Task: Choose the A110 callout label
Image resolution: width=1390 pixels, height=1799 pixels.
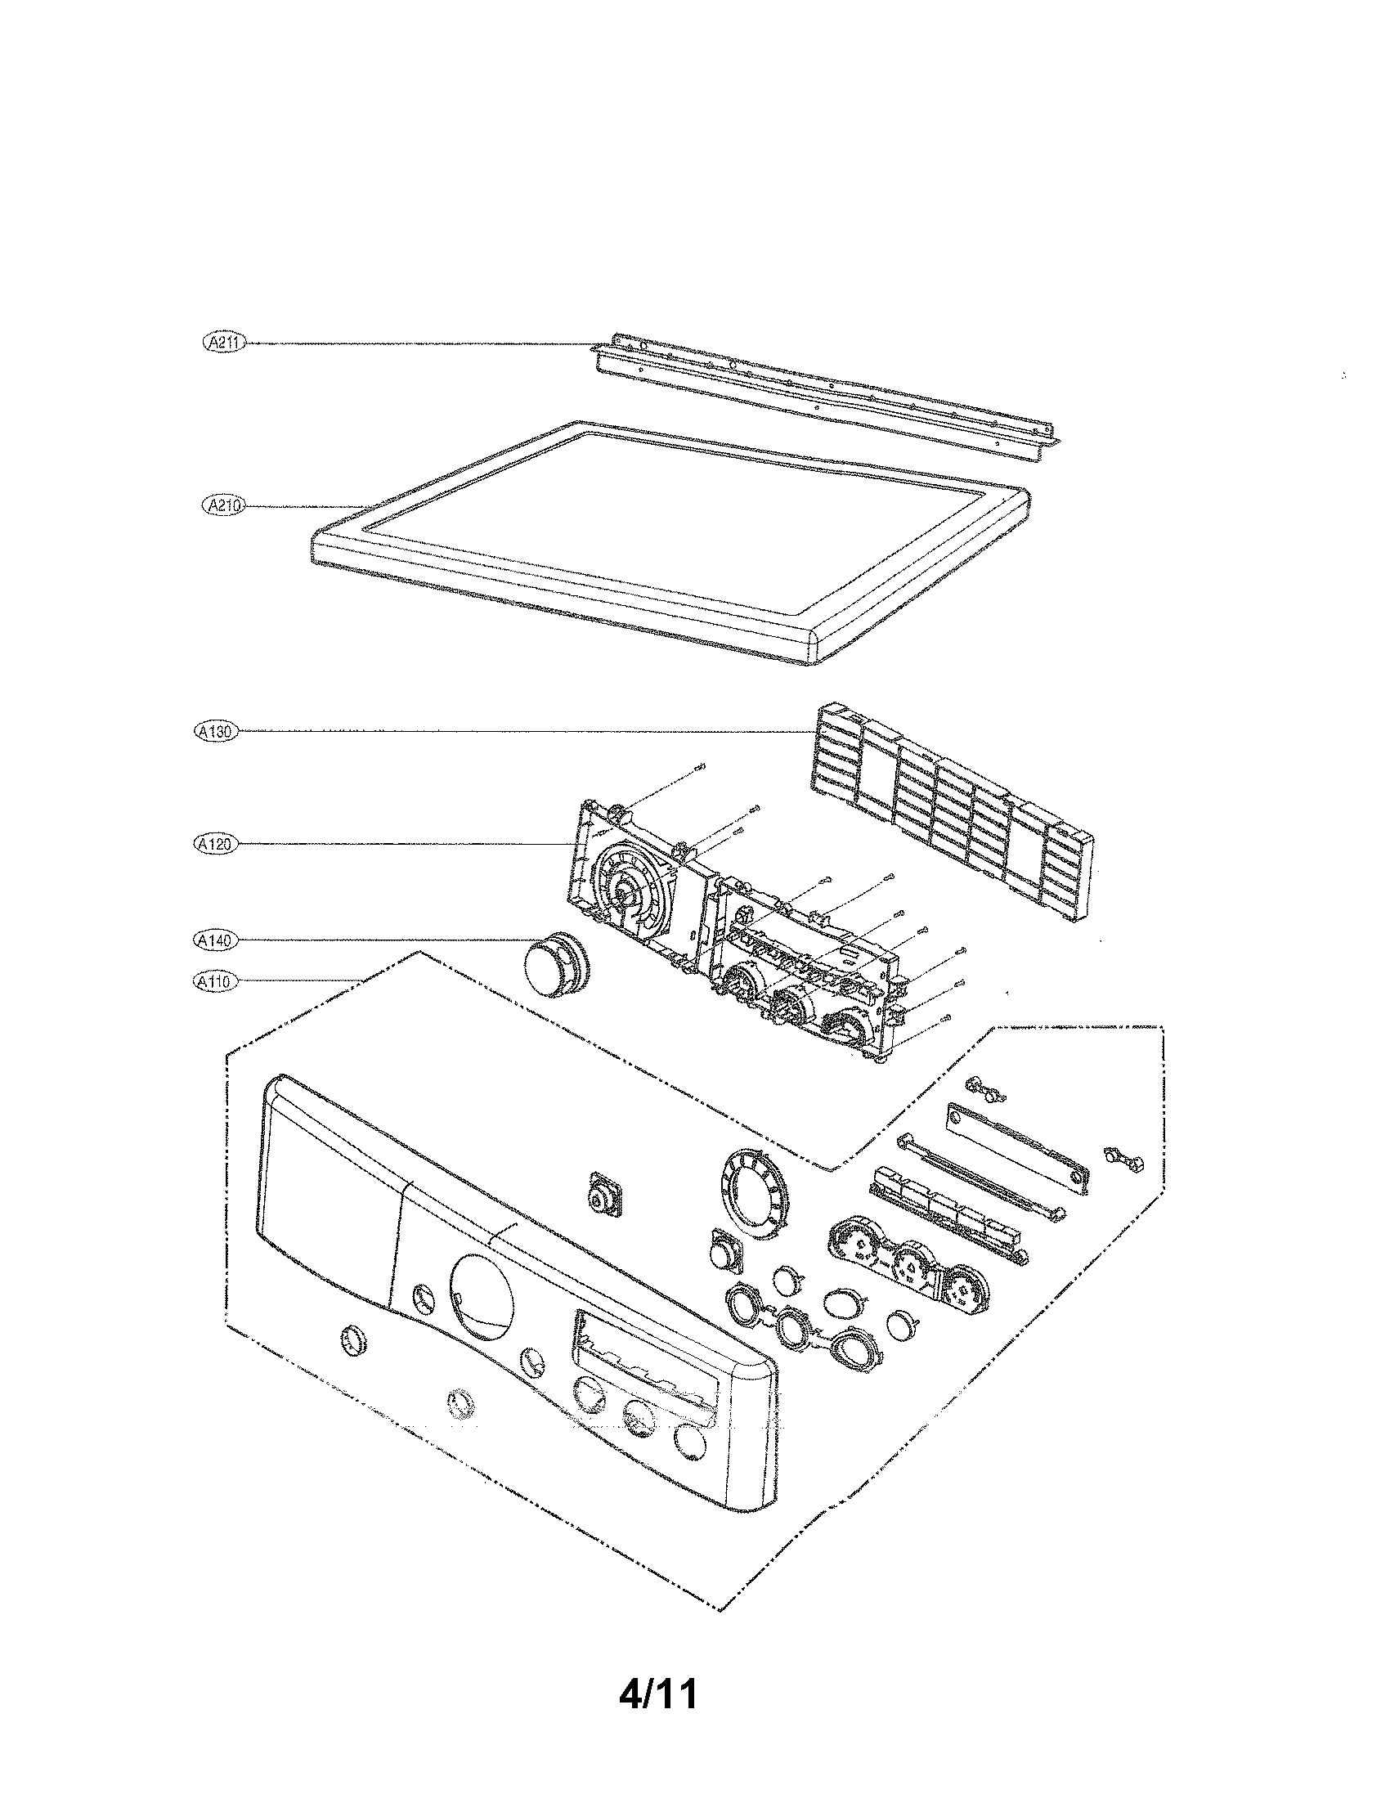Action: click(x=213, y=981)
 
